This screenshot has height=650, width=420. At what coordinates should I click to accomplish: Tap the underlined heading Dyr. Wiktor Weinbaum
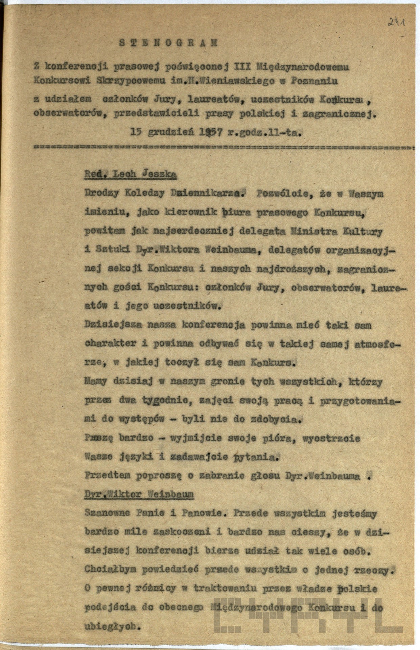[139, 494]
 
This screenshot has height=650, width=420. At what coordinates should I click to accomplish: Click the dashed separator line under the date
[223, 148]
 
